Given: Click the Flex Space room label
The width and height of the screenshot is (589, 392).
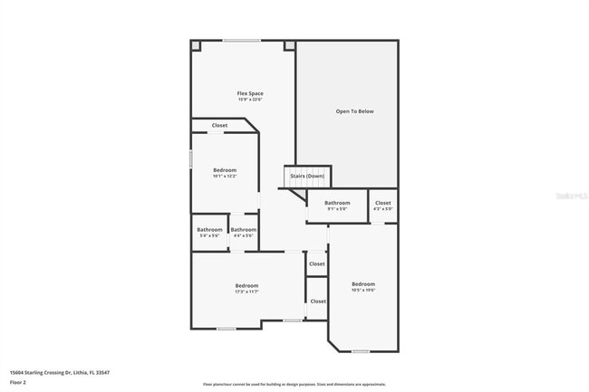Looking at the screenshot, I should point(250,93).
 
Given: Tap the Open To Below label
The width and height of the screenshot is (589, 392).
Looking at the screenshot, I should point(354,111).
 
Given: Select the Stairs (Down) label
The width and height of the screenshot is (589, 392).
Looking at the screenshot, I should point(307,176).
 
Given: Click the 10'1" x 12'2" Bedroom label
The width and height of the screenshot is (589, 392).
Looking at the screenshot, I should point(225,170).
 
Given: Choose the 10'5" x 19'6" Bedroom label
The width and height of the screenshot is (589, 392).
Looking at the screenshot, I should point(363,284).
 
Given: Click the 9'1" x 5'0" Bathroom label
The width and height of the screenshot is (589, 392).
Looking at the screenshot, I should point(337,203).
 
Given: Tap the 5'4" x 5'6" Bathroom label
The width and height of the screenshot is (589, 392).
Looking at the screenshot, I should point(209,230).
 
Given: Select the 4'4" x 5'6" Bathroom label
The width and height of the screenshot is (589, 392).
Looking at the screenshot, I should point(243,230).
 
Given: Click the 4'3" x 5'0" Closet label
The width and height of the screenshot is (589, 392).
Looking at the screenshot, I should point(382,203).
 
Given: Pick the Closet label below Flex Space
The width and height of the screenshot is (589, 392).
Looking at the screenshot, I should point(219,126).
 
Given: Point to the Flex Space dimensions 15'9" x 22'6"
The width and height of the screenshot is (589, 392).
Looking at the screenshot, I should point(250,100).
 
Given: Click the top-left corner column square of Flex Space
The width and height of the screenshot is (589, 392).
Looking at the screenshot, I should point(197,45).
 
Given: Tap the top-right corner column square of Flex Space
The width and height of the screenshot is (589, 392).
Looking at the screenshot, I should point(290,45).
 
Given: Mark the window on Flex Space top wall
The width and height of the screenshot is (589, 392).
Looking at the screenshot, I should point(241,40).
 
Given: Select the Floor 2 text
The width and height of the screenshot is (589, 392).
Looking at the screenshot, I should point(18,382).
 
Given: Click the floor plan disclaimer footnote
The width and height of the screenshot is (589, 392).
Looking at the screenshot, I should point(294,385).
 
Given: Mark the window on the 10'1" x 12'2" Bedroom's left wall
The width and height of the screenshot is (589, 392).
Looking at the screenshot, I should point(190,158).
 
